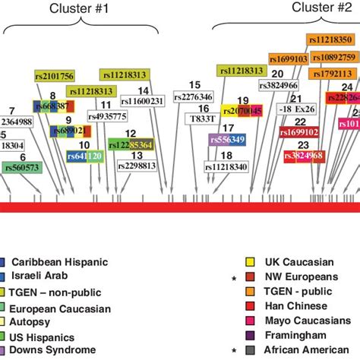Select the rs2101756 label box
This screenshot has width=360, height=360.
tap(54, 75)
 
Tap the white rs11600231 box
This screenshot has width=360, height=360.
tap(141, 100)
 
